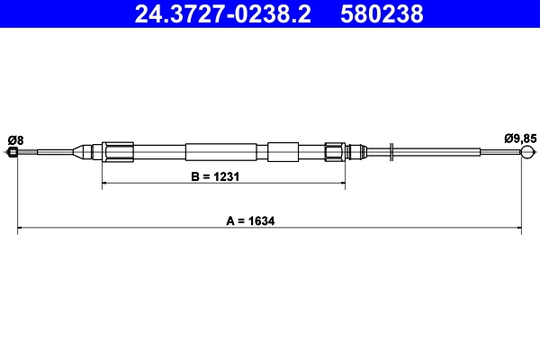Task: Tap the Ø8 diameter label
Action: click(x=15, y=139)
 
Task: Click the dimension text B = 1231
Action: click(x=214, y=177)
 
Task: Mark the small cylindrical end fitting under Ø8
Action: click(x=13, y=152)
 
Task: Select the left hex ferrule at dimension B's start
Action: click(x=118, y=152)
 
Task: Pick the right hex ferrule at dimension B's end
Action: click(x=335, y=152)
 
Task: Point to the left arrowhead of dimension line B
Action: click(x=106, y=184)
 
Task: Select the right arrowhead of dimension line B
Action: click(x=341, y=184)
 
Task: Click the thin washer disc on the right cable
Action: click(x=392, y=152)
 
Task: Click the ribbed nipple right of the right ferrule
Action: click(x=355, y=152)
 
